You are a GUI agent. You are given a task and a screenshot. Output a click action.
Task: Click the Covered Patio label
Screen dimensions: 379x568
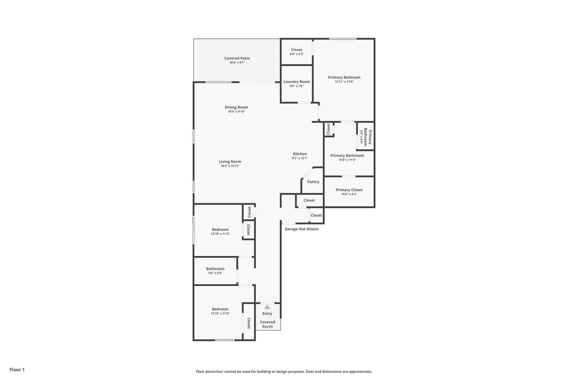(237, 58)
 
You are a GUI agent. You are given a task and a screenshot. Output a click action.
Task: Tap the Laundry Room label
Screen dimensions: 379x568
(296, 82)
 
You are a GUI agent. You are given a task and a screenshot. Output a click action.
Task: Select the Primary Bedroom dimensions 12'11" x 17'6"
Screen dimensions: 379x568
(344, 82)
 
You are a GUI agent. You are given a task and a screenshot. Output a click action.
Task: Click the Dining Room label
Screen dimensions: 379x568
(236, 107)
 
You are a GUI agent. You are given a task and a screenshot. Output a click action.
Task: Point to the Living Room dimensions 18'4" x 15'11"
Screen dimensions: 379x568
(230, 166)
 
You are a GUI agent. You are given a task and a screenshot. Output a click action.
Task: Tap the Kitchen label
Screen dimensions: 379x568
(300, 154)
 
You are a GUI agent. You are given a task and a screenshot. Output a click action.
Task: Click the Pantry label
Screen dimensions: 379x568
(313, 182)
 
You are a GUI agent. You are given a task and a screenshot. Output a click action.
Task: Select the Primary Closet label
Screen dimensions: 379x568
(349, 190)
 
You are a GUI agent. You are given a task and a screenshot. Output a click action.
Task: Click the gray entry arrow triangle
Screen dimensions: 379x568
(267, 307)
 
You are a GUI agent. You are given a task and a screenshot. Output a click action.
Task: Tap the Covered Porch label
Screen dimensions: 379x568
(267, 324)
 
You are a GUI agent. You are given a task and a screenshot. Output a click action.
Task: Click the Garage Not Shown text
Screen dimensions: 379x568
(301, 229)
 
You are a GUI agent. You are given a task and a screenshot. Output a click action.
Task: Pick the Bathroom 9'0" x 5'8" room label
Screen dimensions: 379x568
(215, 269)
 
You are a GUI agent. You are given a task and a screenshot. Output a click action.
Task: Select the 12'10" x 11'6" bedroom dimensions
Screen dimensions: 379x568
(220, 313)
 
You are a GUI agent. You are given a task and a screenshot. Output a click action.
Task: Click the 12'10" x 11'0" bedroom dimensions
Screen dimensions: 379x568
(220, 234)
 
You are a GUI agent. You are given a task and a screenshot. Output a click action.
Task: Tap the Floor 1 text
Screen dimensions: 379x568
(17, 370)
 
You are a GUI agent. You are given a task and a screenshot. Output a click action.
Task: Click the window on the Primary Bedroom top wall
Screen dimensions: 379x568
(343, 39)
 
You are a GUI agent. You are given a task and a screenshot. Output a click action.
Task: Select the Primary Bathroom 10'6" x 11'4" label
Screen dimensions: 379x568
(347, 155)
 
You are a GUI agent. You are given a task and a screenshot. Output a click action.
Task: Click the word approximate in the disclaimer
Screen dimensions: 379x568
(360, 372)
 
